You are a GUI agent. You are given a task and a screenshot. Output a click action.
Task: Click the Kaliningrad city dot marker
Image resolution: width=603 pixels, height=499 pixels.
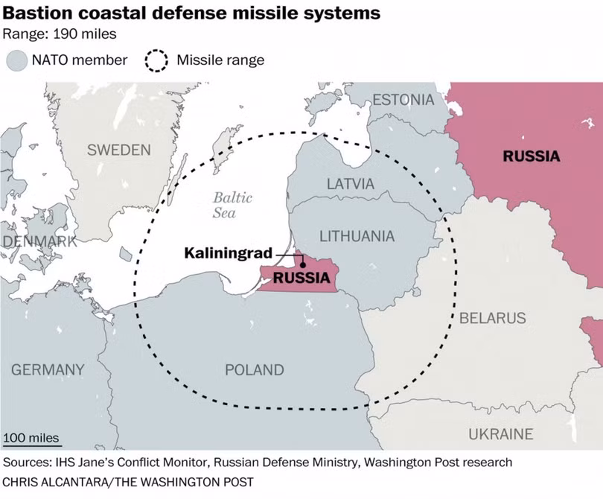[303, 264]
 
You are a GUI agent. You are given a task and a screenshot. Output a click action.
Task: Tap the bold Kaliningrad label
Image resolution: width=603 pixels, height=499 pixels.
[228, 253]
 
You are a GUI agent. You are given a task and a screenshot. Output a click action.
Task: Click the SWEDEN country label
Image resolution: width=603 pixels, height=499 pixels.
[119, 150]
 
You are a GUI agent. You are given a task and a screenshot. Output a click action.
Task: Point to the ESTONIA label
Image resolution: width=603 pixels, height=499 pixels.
[403, 100]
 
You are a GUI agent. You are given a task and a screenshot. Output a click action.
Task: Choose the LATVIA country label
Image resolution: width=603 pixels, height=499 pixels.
[351, 183]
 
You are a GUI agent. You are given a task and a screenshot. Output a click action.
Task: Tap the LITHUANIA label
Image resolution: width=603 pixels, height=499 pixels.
[357, 236]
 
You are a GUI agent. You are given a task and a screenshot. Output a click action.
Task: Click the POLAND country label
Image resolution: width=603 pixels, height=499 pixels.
[255, 369]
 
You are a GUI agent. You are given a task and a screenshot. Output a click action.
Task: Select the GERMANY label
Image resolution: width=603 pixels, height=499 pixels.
[48, 369]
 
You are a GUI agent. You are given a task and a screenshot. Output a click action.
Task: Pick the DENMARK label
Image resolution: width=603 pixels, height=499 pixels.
[39, 241]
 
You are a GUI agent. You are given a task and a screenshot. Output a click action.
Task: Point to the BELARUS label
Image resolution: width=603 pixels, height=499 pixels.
[493, 318]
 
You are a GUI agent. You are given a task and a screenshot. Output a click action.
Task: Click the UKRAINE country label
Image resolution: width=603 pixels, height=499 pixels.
[501, 434]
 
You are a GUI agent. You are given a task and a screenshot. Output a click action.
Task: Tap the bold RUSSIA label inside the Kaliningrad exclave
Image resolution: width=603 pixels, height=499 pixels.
[301, 277]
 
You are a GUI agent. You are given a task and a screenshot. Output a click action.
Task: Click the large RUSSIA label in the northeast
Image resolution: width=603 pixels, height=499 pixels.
[532, 156]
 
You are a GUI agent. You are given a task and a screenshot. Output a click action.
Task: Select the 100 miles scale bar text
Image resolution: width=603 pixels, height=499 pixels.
[31, 438]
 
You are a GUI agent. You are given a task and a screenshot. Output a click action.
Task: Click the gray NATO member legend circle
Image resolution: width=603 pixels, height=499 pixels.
[17, 60]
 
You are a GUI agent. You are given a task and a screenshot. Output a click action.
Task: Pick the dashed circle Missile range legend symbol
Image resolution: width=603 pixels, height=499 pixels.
[156, 61]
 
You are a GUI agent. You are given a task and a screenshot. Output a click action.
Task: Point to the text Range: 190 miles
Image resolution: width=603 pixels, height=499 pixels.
[60, 34]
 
